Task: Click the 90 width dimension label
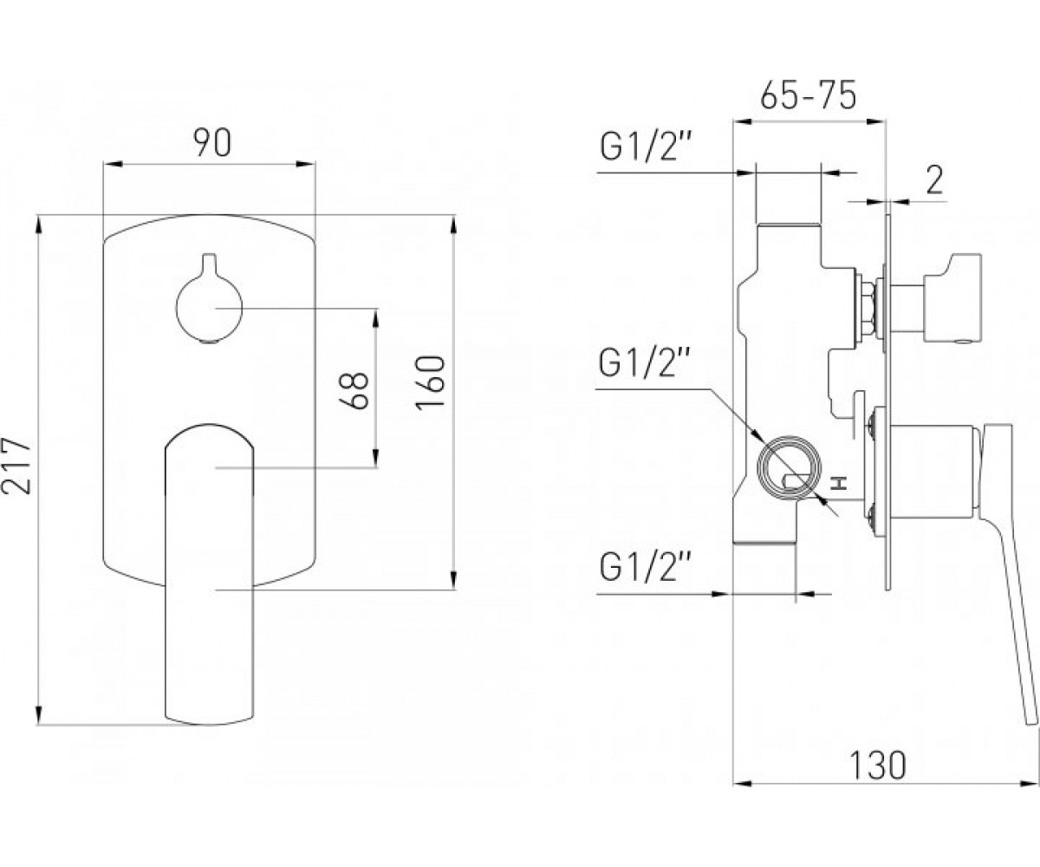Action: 212,142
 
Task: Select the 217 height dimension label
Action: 16,466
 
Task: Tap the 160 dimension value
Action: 431,382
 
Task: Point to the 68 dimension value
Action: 354,390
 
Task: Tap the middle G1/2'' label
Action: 644,363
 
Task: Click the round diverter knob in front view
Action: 209,306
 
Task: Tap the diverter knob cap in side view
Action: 952,298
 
